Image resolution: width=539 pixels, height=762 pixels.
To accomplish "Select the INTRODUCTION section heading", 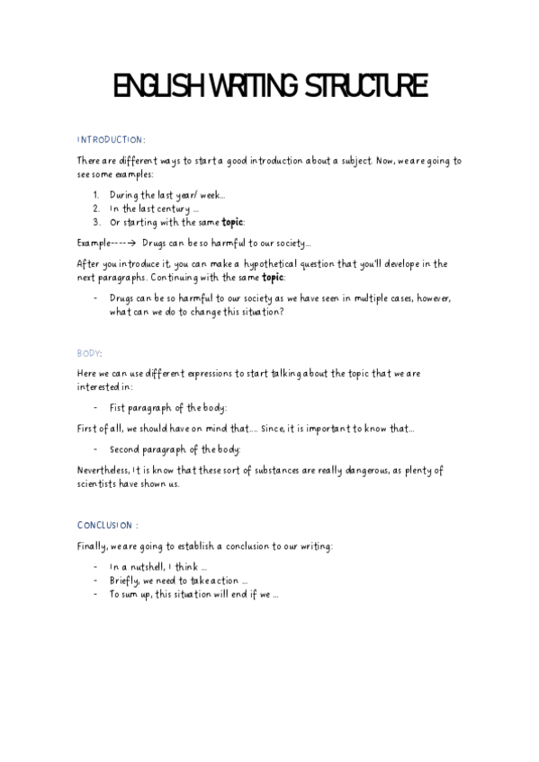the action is click(111, 140).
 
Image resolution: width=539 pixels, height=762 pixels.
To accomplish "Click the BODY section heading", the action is click(90, 353).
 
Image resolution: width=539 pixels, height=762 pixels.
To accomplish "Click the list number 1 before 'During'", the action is click(96, 194).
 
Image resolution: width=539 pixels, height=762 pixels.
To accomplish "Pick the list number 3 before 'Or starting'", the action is click(96, 221).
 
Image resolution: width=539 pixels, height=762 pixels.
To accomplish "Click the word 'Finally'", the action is click(92, 546).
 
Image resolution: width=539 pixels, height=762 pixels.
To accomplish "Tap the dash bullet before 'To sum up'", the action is click(95, 594).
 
